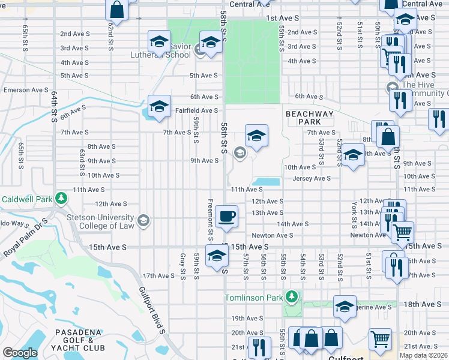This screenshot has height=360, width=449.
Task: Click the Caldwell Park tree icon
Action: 61,199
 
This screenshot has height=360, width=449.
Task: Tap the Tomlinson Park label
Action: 255,298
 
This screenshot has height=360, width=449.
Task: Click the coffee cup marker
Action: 226,216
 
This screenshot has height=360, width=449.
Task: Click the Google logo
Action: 20,353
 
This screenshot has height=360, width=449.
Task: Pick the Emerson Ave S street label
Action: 26,90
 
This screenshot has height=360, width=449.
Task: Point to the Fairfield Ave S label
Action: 196,110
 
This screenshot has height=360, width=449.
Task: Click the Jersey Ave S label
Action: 312,178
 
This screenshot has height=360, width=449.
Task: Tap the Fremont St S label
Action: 210,217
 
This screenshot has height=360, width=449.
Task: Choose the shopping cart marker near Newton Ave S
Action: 402,231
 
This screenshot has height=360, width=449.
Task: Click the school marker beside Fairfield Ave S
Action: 159,106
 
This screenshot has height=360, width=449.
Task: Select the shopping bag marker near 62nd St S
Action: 116,10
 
